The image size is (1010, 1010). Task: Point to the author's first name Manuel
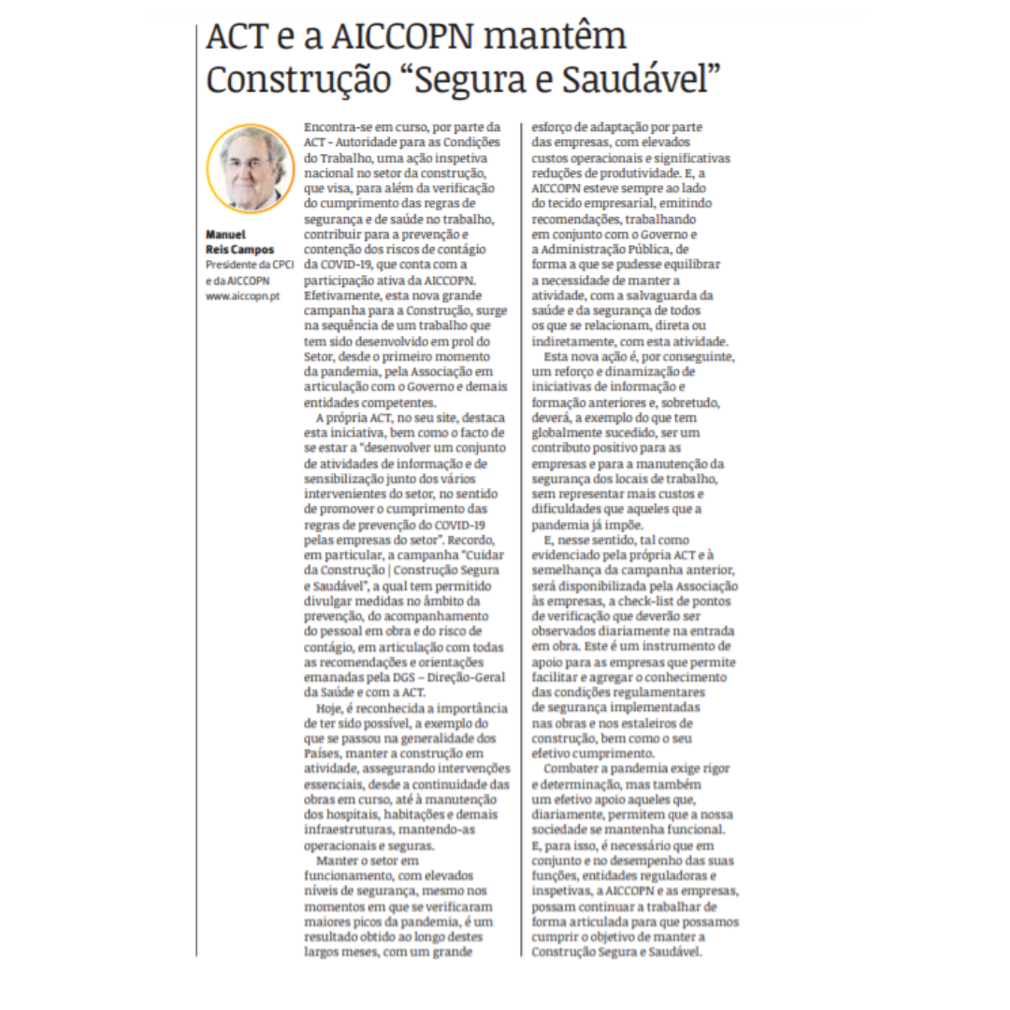click(x=226, y=235)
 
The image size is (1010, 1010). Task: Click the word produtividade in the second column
click(x=627, y=171)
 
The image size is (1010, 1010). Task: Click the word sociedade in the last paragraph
click(x=564, y=829)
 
